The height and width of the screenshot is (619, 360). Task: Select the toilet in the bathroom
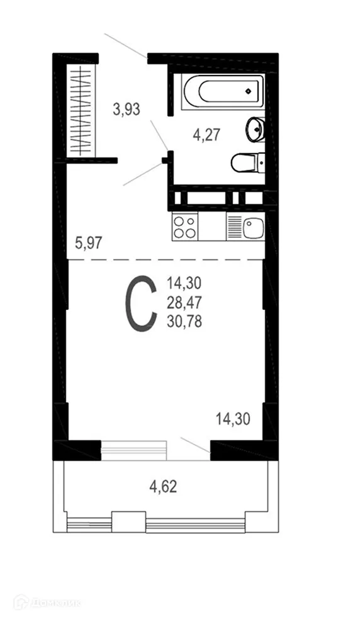pyautogui.click(x=245, y=163)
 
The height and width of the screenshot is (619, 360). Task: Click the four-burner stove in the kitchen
pyautogui.click(x=184, y=227)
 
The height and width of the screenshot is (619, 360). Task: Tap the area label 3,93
pyautogui.click(x=126, y=110)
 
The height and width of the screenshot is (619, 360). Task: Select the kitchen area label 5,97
pyautogui.click(x=89, y=241)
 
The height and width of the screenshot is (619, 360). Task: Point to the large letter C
pyautogui.click(x=141, y=304)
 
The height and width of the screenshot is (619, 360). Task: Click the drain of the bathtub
pyautogui.click(x=249, y=90)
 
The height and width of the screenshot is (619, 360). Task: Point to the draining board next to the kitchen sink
pyautogui.click(x=234, y=227)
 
